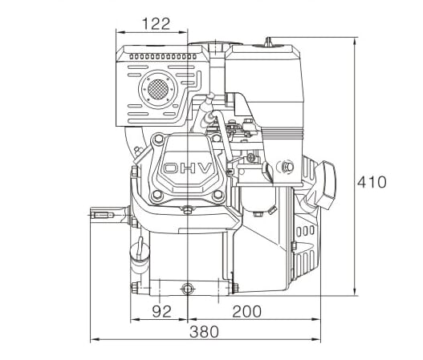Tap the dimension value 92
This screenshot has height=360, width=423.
pyautogui.click(x=161, y=311)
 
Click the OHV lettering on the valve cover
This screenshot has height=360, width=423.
pyautogui.click(x=189, y=169)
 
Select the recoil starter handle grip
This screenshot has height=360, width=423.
pyautogui.click(x=324, y=180)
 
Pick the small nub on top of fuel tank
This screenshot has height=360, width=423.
pyautogui.click(x=267, y=39)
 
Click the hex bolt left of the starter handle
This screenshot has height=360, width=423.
pyautogui.click(x=287, y=167)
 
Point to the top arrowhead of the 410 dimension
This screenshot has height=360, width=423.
pyautogui.click(x=354, y=38)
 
